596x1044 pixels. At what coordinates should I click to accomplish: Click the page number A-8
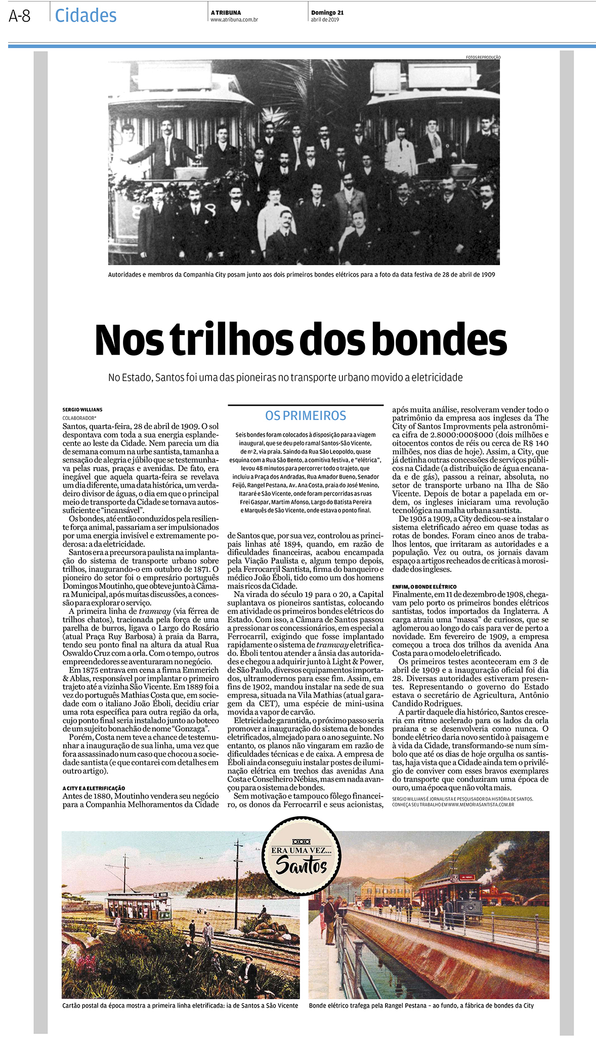(x=20, y=16)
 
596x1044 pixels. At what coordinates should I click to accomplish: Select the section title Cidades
(x=86, y=16)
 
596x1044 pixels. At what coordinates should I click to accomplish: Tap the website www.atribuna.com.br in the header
(x=234, y=20)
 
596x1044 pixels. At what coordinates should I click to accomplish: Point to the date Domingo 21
(x=327, y=13)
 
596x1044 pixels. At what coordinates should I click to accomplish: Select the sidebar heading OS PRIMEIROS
(x=306, y=415)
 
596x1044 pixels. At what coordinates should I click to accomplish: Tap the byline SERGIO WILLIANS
(x=82, y=409)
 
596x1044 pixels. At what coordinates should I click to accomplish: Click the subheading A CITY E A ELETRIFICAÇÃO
(x=94, y=788)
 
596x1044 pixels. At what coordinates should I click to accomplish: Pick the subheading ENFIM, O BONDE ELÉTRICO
(x=424, y=587)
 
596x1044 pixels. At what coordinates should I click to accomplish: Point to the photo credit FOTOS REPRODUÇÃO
(x=483, y=57)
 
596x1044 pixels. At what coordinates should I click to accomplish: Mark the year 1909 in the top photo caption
(x=487, y=274)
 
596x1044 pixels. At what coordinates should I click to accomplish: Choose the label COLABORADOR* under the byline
(x=79, y=418)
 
